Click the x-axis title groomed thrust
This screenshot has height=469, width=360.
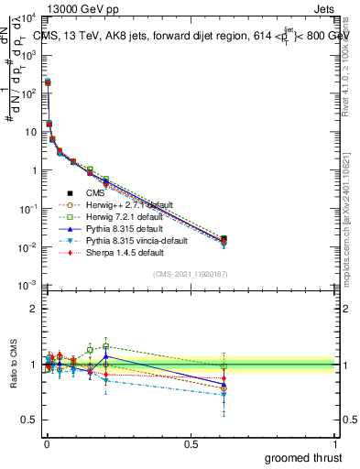click(x=303, y=457)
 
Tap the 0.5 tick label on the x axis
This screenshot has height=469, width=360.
click(x=191, y=442)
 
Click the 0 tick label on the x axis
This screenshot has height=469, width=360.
click(x=46, y=442)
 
